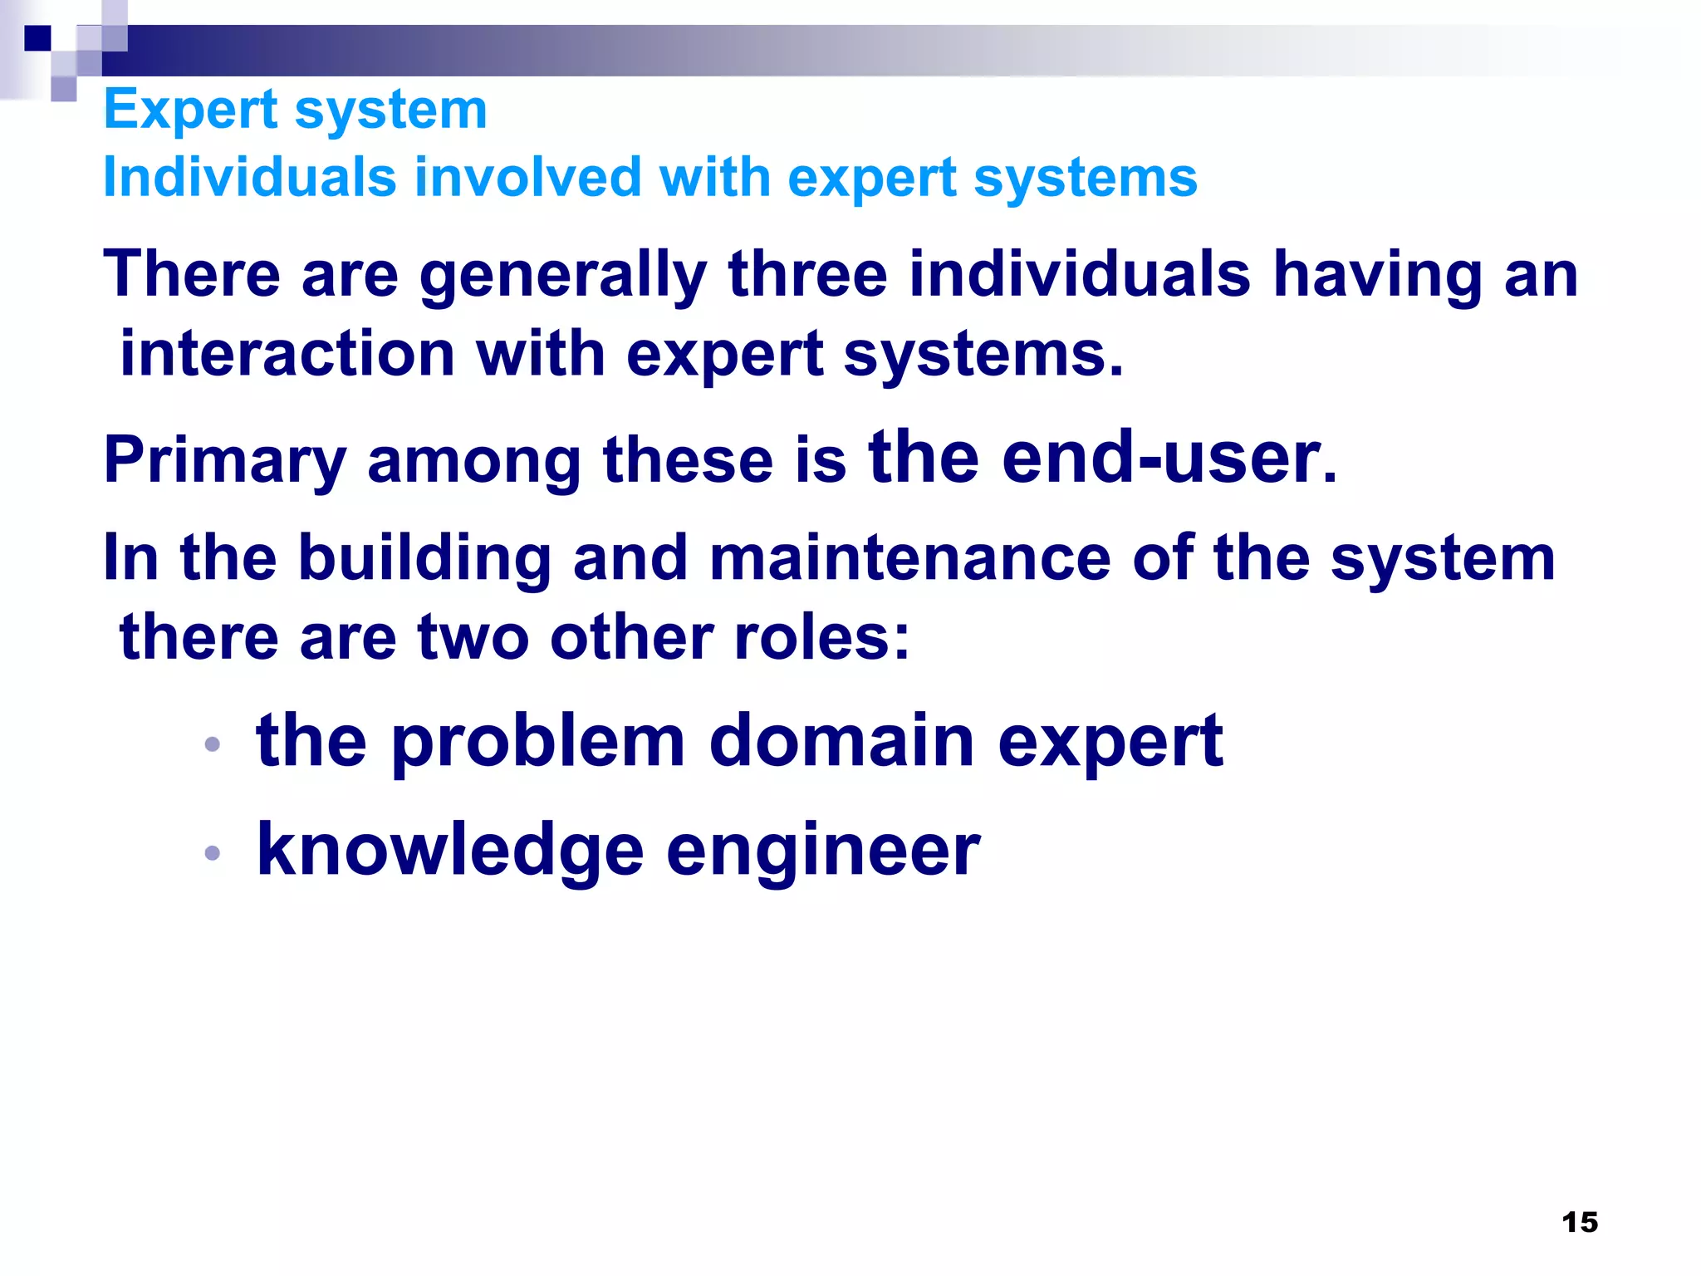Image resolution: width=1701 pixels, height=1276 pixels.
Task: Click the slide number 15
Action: pos(1579,1222)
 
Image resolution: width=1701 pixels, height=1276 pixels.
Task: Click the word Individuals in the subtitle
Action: pos(250,178)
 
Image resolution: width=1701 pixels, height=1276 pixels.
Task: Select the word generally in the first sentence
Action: pos(562,276)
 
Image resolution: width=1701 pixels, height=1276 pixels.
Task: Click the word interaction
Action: pos(287,354)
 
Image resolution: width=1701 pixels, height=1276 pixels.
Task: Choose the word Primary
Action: pos(224,462)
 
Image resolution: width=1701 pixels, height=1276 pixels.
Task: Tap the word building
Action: pos(424,558)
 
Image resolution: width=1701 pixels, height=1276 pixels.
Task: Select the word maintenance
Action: pos(909,558)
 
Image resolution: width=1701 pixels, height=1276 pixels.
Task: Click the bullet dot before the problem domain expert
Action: pos(213,744)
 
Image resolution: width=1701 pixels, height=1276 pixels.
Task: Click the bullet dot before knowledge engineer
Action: pos(213,852)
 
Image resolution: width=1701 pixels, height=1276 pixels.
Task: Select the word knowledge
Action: pos(449,851)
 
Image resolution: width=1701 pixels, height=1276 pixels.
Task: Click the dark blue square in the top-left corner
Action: pos(37,37)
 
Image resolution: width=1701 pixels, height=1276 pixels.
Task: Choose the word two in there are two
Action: pos(473,637)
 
